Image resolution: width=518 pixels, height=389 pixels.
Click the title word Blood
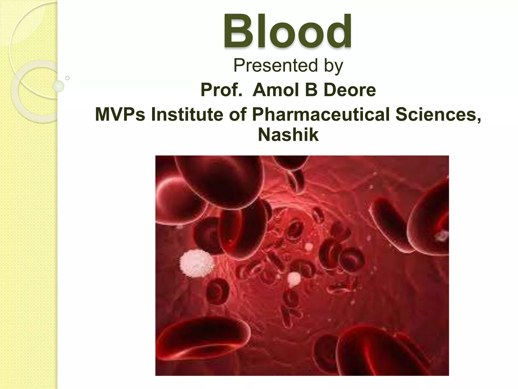click(287, 31)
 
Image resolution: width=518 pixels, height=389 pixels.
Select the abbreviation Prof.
click(221, 90)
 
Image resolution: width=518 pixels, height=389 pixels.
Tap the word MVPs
click(120, 114)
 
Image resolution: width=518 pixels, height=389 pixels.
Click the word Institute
click(187, 114)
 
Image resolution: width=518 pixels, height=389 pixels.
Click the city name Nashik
click(288, 135)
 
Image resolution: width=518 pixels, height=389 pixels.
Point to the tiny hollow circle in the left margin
click(67, 78)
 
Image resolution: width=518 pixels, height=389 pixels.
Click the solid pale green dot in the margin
click(58, 86)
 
